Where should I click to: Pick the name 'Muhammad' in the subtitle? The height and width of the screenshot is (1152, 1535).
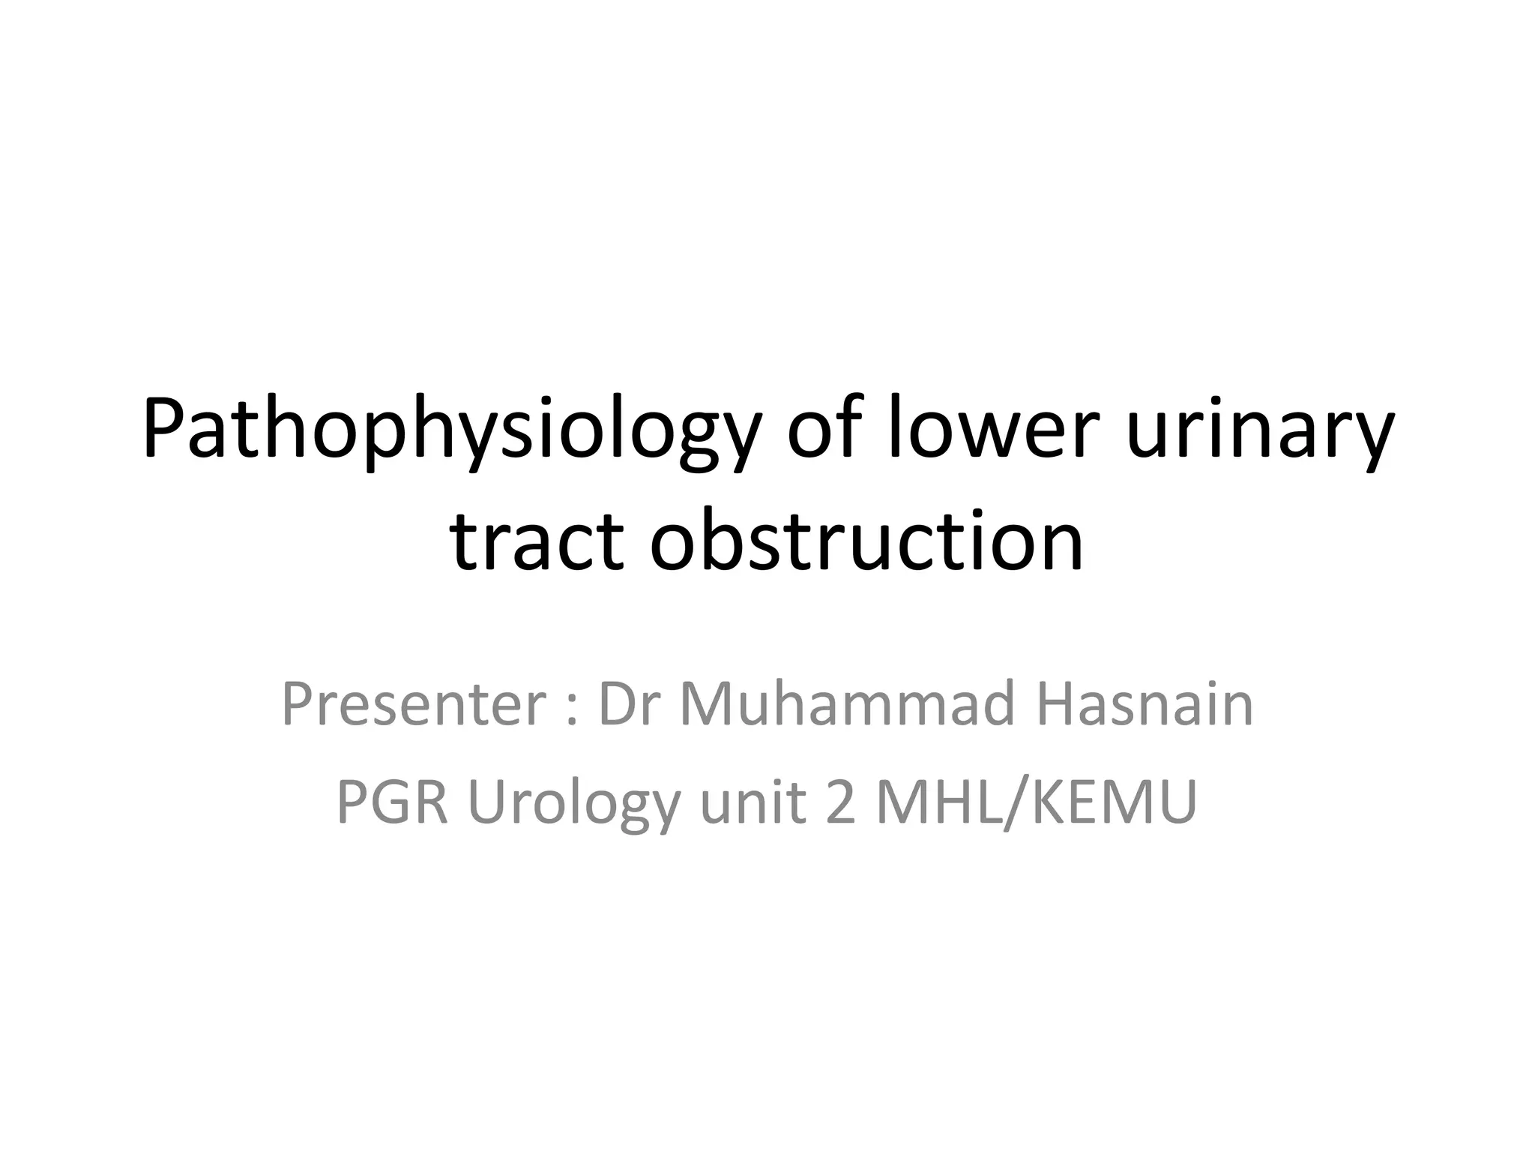click(847, 705)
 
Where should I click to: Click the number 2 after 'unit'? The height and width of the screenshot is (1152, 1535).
click(840, 802)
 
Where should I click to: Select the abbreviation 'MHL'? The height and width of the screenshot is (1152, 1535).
click(940, 802)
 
